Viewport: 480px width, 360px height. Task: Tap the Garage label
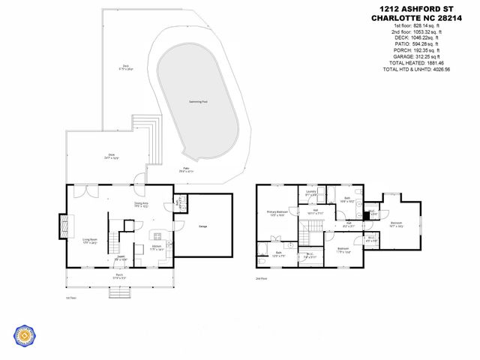click(202, 226)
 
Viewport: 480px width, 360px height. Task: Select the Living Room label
click(90, 241)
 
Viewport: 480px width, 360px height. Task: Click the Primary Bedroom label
click(277, 214)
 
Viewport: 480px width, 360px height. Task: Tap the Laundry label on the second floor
click(310, 193)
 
